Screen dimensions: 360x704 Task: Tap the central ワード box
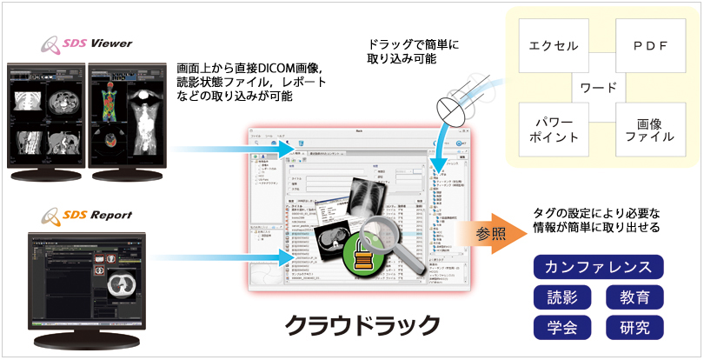(600, 88)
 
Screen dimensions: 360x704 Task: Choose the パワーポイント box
(554, 130)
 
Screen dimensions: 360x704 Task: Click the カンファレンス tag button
(598, 267)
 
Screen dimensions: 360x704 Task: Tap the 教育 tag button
(634, 297)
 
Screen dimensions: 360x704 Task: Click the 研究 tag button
(634, 327)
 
